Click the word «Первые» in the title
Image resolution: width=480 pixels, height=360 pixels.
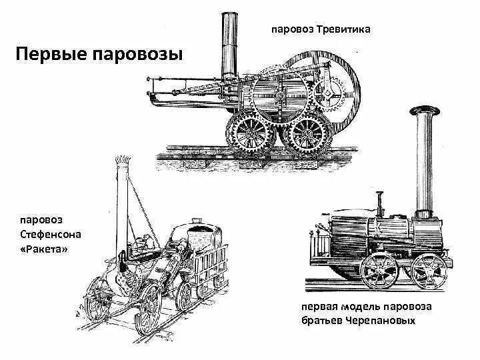(51, 54)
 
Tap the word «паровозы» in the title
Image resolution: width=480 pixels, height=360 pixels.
(137, 54)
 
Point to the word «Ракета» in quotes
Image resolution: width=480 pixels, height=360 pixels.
(45, 249)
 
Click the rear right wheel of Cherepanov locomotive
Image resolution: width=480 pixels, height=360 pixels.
(428, 271)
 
